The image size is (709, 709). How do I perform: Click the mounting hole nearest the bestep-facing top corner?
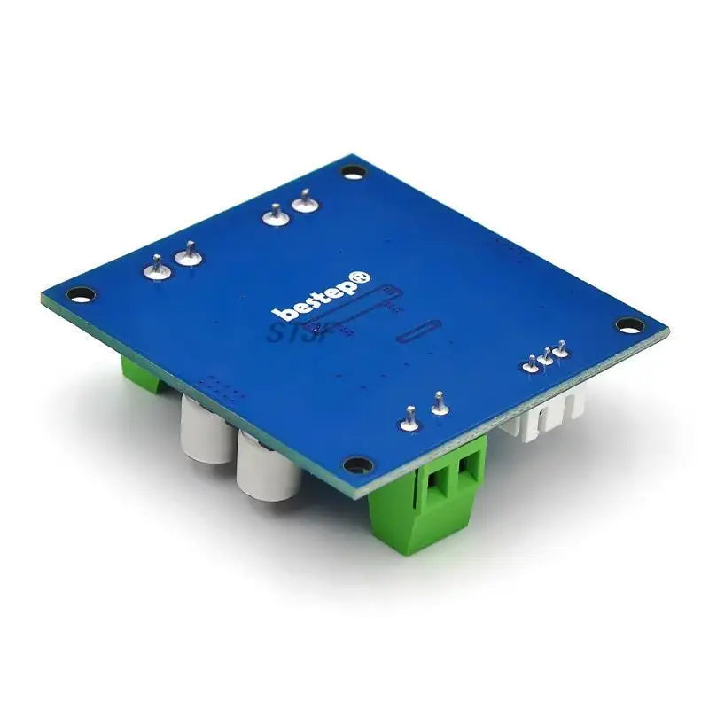354,171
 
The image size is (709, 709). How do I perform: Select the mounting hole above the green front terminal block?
356,464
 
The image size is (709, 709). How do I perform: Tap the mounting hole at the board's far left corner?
81,292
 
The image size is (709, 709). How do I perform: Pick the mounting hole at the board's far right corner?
627,325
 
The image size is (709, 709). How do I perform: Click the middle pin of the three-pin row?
547,356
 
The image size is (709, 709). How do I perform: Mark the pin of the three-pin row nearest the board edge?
561,349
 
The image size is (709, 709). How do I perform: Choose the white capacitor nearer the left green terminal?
204,429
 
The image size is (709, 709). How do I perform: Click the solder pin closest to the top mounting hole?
304,202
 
